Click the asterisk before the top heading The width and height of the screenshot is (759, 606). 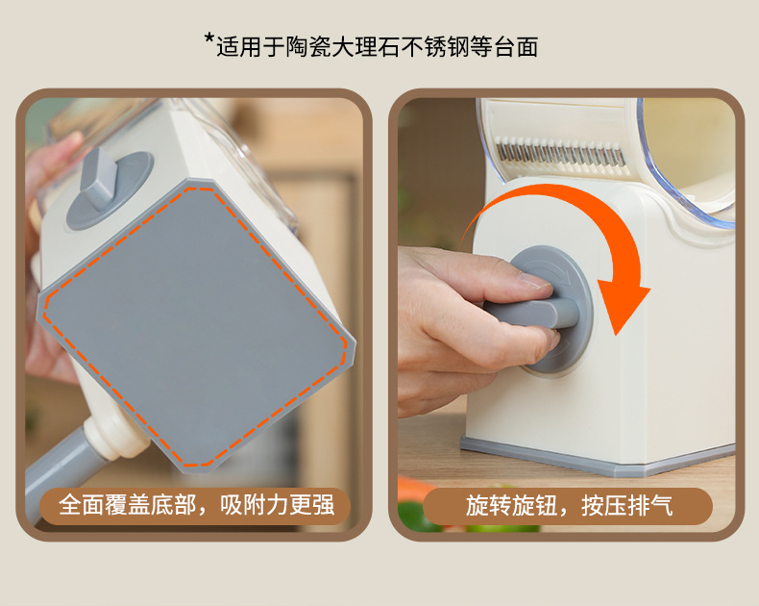pos(209,40)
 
